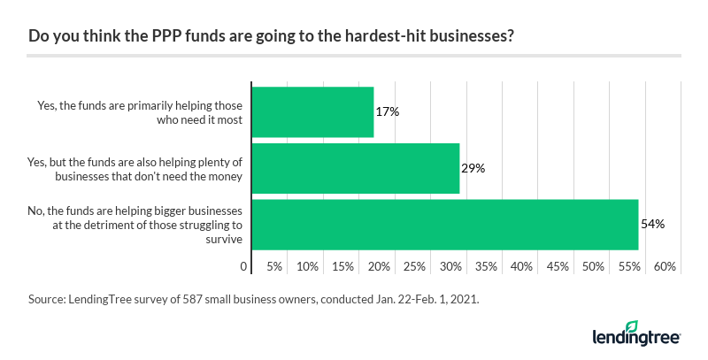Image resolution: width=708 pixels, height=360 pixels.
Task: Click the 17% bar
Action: click(x=312, y=111)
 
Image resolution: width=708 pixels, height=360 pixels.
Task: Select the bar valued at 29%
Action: click(x=356, y=168)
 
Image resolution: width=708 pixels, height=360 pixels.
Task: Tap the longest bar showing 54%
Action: click(x=445, y=225)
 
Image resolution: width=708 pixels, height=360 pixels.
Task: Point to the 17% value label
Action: click(x=387, y=111)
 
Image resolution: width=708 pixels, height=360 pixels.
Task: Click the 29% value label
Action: click(x=473, y=168)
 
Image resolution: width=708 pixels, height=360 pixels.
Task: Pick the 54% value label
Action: click(x=652, y=225)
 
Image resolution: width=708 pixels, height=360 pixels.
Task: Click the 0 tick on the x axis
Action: click(x=243, y=266)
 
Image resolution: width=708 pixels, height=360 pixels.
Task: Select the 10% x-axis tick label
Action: click(x=307, y=266)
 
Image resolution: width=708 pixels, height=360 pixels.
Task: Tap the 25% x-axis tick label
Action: click(x=414, y=266)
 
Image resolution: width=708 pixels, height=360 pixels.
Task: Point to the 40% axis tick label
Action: click(x=521, y=266)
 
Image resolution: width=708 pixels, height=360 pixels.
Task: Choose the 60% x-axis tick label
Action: click(x=665, y=266)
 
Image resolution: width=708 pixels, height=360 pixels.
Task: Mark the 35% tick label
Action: click(x=486, y=266)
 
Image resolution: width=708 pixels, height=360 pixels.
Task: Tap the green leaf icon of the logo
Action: click(x=631, y=326)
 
